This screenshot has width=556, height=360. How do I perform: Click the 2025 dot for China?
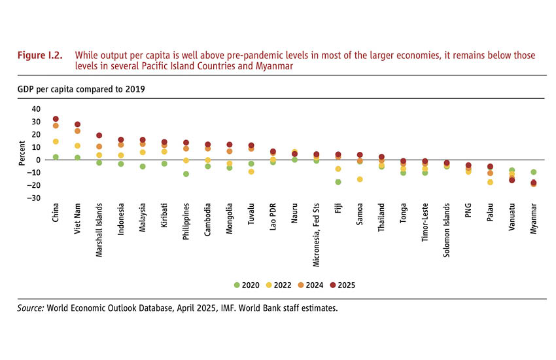click(56, 119)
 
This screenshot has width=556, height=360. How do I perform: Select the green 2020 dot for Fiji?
click(338, 182)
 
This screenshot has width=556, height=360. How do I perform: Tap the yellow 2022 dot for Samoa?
click(360, 179)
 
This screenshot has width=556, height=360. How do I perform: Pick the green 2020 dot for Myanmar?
click(534, 172)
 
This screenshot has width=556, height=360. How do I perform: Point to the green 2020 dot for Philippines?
click(186, 174)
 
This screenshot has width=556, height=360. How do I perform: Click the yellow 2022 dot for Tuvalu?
click(251, 171)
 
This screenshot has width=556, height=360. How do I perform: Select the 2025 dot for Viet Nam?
click(77, 124)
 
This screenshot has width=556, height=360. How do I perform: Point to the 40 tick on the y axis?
click(36, 109)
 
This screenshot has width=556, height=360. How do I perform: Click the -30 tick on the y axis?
click(34, 198)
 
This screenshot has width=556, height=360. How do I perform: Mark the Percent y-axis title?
click(22, 154)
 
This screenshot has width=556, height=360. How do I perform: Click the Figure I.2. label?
click(40, 56)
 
